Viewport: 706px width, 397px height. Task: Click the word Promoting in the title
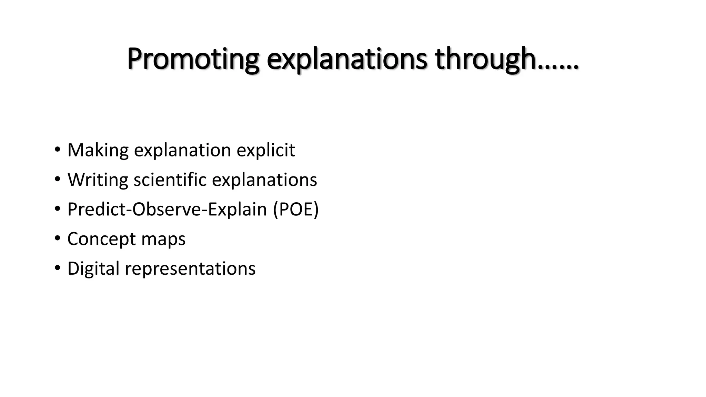193,59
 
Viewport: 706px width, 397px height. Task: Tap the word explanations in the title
347,59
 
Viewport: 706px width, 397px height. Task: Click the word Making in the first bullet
98,150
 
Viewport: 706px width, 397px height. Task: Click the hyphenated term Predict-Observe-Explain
167,210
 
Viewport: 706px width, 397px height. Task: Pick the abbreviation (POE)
296,210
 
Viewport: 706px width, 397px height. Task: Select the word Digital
93,269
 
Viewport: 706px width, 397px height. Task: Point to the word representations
190,269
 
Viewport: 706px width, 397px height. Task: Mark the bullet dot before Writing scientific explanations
57,180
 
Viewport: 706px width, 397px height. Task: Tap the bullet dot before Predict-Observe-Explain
57,209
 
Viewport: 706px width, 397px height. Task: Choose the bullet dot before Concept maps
57,239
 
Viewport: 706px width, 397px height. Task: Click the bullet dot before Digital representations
57,268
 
